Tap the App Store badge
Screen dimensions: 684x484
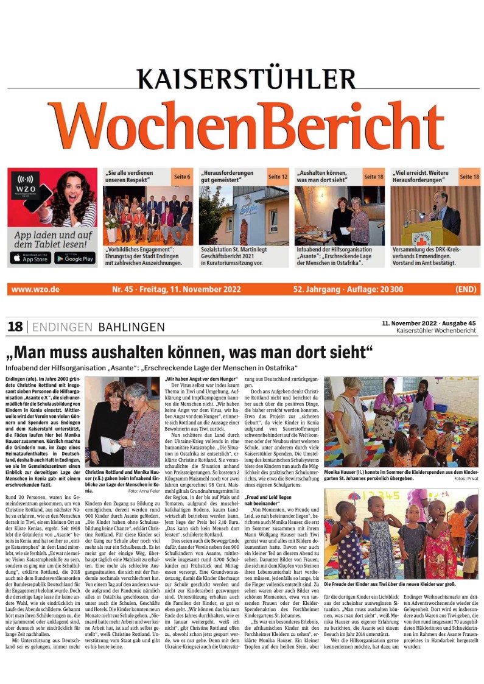tap(30, 258)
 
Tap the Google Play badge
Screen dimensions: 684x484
tap(75, 258)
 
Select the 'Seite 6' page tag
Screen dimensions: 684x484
tap(182, 177)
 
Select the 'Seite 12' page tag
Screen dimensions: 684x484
tap(278, 177)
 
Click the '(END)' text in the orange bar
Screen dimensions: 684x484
tap(466, 289)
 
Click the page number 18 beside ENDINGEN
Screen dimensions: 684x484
tap(15, 327)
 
